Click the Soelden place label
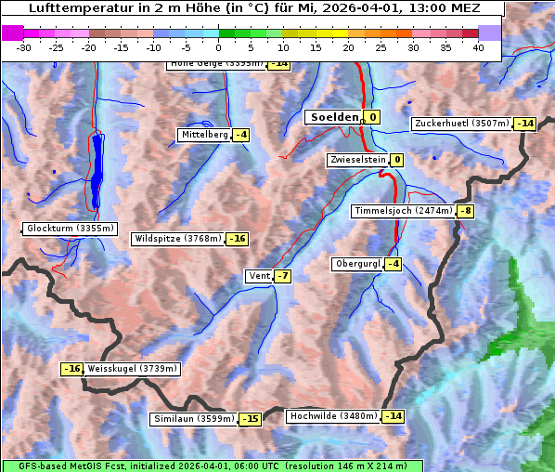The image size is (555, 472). [333, 117]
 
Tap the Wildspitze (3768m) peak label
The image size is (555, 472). [178, 239]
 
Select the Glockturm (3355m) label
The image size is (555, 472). [71, 229]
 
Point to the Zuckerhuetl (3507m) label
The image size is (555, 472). [462, 124]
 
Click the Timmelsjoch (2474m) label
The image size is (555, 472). [403, 211]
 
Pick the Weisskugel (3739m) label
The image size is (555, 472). [132, 369]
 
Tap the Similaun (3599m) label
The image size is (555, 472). [194, 419]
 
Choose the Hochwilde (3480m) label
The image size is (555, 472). [333, 416]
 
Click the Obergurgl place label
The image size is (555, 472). [357, 264]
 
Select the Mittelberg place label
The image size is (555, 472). [204, 135]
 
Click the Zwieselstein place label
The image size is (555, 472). [356, 160]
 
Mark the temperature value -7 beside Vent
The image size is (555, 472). [283, 276]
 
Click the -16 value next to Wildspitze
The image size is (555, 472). [238, 239]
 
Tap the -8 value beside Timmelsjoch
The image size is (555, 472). [465, 211]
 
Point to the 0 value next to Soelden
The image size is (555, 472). [372, 117]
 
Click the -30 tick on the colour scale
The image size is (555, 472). [23, 46]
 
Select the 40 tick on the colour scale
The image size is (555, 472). [478, 46]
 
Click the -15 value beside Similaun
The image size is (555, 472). [250, 419]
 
